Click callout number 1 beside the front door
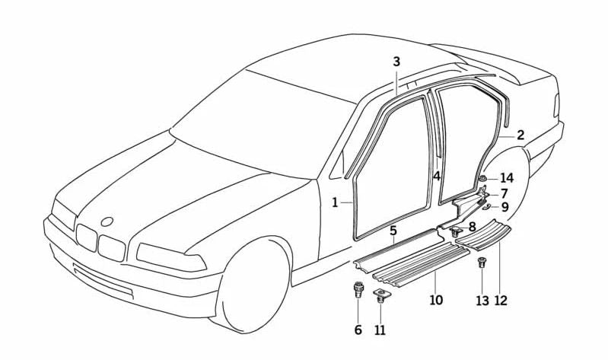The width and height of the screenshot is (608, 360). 335,203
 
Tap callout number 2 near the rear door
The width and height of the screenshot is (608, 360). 520,135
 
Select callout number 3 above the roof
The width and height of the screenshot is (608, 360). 396,62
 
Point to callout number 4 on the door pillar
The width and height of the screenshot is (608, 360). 437,176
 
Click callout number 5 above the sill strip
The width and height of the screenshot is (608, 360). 393,231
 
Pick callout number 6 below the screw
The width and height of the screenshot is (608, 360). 358,330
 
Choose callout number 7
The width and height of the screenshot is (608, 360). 504,193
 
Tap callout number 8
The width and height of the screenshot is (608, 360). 472,226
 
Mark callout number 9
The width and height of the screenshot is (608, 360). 505,206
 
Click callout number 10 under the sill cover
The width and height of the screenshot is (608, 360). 435,300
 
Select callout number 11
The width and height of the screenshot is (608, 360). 380,330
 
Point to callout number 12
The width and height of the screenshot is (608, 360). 500,300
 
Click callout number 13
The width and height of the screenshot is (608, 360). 482,300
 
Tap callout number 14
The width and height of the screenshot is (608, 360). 507,178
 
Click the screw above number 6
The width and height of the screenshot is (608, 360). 358,291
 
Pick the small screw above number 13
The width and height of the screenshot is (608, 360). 481,264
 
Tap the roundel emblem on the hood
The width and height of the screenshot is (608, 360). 107,221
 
